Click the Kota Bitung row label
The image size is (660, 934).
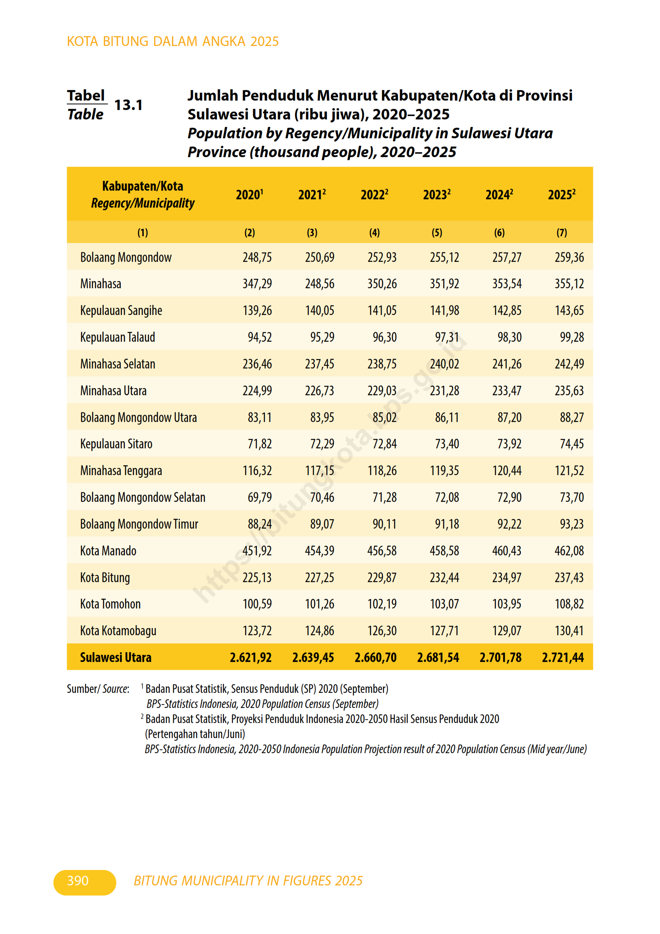(105, 577)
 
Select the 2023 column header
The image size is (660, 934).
(436, 195)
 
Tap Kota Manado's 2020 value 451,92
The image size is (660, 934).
(257, 551)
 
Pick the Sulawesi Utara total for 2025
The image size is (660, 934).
(563, 657)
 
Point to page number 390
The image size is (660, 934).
(78, 881)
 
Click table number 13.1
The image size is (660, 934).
(128, 105)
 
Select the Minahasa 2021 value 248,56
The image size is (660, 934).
(319, 284)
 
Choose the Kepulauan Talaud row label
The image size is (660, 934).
(118, 337)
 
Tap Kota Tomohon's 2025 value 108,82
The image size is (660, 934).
(569, 604)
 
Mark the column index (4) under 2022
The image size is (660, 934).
(375, 233)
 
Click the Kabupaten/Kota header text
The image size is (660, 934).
(143, 186)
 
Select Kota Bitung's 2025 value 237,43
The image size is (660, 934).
(569, 577)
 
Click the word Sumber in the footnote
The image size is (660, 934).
(83, 689)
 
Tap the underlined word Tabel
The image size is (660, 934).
(86, 96)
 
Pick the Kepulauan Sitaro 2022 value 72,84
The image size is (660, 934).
(384, 444)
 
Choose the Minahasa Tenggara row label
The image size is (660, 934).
(121, 471)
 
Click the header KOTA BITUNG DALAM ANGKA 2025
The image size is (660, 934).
(173, 41)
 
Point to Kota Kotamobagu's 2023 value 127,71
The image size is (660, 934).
(444, 631)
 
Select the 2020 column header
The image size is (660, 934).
(249, 195)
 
